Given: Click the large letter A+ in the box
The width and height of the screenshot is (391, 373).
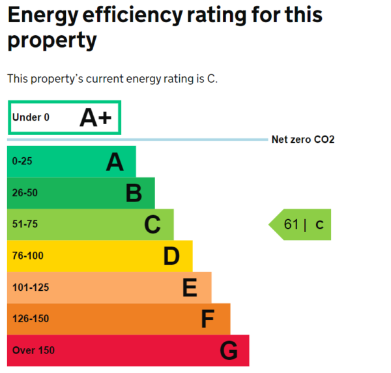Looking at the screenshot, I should click(96, 117).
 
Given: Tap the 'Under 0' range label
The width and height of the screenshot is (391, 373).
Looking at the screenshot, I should click(31, 118).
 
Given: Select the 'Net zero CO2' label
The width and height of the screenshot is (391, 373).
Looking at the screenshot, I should click(302, 140).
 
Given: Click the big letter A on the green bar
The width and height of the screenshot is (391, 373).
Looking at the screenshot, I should click(115, 162).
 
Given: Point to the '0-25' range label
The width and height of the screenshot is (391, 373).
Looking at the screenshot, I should click(22, 161).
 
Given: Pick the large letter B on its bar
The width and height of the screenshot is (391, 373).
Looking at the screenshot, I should click(134, 193).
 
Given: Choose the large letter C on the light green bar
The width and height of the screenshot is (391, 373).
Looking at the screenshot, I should click(152, 224).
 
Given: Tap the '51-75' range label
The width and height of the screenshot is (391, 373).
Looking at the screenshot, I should click(25, 224).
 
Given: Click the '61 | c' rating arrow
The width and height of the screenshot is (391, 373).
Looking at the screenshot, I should click(301, 224).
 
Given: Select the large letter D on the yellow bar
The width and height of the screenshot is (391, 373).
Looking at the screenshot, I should click(171, 256).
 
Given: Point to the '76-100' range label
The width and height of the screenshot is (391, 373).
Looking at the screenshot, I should click(27, 256).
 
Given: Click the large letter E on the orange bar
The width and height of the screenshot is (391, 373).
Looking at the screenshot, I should click(190, 288).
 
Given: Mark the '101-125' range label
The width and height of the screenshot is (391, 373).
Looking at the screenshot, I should click(30, 288).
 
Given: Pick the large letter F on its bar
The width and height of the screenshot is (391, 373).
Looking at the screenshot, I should click(208, 319).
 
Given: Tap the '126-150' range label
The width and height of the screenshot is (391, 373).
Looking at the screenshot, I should click(30, 319).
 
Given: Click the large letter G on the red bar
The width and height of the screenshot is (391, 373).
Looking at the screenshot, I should click(228, 351).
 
